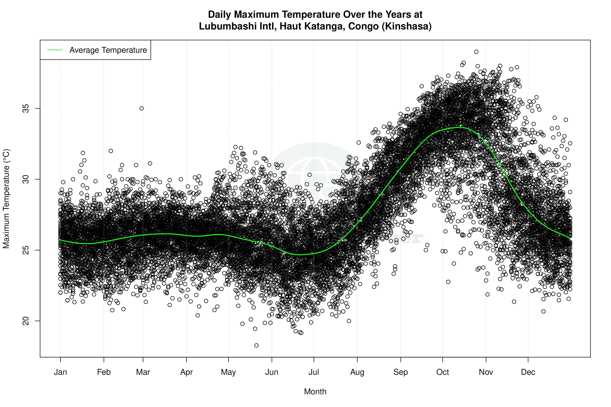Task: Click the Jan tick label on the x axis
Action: pos(60,372)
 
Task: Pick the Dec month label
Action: pos(528,372)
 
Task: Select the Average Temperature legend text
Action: pos(108,50)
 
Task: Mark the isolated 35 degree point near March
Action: pos(142,108)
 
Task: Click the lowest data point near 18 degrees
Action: pos(256,345)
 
